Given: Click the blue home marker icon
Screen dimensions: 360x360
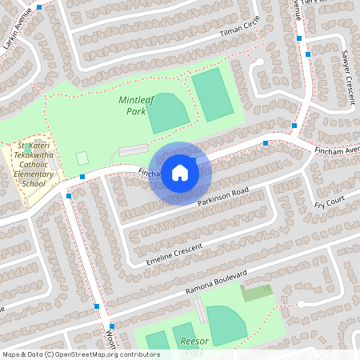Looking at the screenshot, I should [x=180, y=173].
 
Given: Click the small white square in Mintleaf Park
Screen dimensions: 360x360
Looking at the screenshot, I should [x=82, y=158].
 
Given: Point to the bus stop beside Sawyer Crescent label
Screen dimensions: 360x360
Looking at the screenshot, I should [x=309, y=54].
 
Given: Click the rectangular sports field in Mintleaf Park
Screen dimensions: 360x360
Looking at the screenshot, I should [x=213, y=94].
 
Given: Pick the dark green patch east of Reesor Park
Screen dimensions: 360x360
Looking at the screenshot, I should [x=256, y=293].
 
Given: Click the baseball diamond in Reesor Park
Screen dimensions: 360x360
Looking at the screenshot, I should [x=225, y=325].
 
